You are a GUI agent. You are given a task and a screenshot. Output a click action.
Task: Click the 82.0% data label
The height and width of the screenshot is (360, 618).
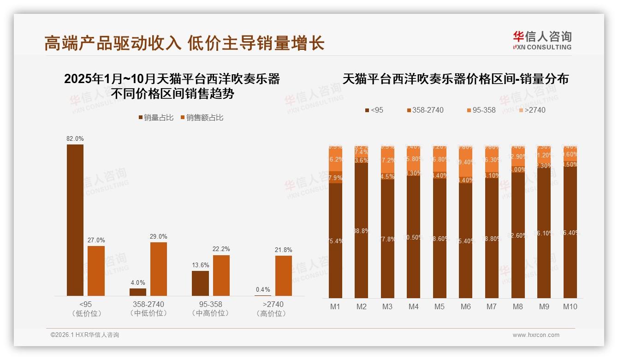tap(75, 138)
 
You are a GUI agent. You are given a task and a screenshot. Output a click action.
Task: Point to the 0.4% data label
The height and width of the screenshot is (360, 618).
tap(263, 289)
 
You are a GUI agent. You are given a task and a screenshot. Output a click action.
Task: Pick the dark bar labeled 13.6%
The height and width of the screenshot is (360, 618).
tap(200, 283)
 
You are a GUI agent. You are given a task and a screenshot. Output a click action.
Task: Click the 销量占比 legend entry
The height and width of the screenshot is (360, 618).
tap(156, 118)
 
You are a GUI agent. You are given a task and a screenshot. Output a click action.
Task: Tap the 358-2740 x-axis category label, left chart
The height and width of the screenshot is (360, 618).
tap(149, 305)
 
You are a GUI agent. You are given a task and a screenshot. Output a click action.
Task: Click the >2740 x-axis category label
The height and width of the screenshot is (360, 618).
tap(273, 305)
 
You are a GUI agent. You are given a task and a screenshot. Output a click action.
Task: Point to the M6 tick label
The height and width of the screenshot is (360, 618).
tap(465, 306)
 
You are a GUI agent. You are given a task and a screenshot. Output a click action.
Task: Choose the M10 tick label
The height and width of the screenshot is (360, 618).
tap(570, 306)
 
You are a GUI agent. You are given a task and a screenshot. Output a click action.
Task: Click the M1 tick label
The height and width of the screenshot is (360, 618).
tap(335, 306)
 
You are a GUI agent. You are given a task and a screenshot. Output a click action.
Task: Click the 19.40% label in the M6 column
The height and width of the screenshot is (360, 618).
tap(466, 162)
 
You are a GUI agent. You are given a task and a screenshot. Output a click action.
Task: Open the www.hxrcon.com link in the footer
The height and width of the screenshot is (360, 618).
tap(536, 335)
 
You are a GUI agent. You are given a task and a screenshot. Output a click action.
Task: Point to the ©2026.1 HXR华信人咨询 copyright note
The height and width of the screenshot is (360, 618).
tap(85, 335)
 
